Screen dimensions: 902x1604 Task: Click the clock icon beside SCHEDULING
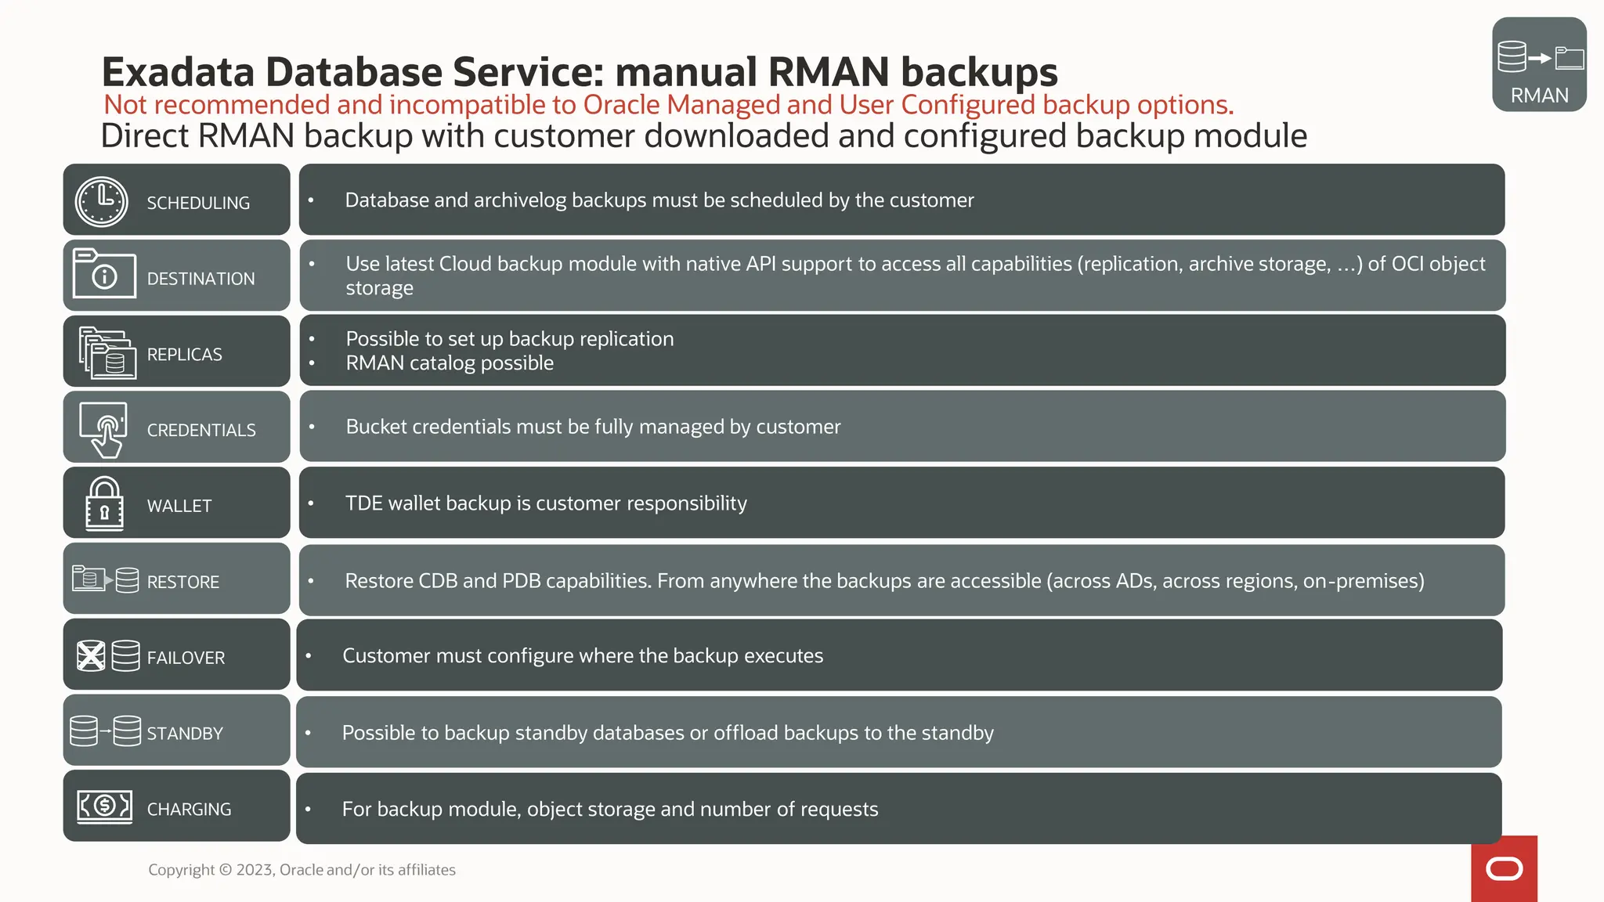[102, 202]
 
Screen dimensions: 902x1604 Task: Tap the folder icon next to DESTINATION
[104, 273]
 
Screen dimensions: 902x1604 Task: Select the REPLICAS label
[184, 355]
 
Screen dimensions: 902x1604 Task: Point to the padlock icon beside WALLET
[104, 504]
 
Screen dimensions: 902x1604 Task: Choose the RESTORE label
[183, 582]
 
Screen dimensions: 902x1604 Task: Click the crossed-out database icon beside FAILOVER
[91, 656]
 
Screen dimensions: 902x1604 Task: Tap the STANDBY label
[185, 734]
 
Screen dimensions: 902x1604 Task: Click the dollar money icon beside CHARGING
[104, 805]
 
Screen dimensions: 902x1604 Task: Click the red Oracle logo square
[1504, 869]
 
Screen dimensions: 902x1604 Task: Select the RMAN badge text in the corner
[1539, 96]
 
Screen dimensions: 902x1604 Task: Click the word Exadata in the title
[178, 72]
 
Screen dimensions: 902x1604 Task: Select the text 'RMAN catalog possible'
[450, 363]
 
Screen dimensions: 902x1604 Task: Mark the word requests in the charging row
[840, 810]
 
